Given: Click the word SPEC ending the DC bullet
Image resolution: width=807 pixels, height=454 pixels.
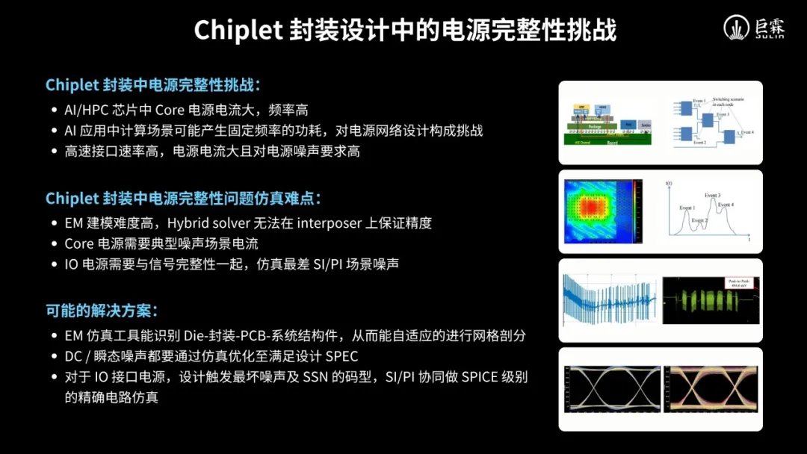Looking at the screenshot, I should [x=341, y=356].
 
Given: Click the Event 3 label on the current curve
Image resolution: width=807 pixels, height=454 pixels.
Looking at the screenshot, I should [x=713, y=195].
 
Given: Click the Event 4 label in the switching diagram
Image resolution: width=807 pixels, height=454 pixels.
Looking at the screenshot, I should [x=747, y=131].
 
